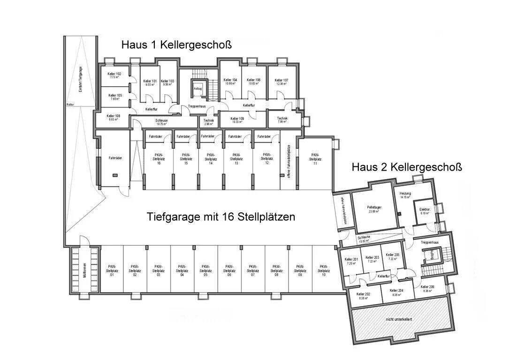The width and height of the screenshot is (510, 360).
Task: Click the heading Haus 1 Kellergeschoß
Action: [176, 45]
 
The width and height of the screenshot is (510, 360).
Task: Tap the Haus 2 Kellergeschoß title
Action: [407, 167]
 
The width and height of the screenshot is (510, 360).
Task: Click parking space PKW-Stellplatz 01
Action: [112, 270]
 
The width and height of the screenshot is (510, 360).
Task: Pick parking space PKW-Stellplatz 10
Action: [323, 270]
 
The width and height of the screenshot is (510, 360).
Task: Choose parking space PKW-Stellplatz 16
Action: [159, 158]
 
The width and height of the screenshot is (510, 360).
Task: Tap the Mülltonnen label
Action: [85, 270]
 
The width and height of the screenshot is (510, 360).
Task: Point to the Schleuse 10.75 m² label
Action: [161, 122]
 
